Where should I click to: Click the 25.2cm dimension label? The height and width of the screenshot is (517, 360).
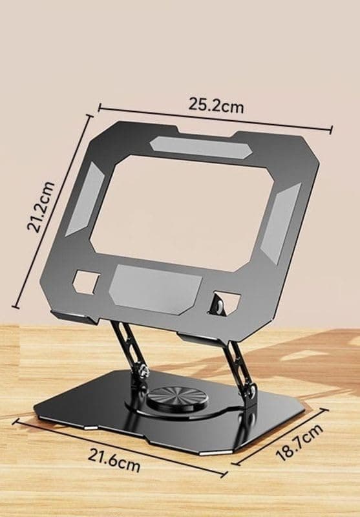[x=216, y=105]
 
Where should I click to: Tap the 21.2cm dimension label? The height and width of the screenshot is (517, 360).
[x=41, y=207]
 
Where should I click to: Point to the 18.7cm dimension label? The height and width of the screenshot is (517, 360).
[x=299, y=442]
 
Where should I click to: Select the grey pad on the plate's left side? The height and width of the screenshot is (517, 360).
[x=85, y=200]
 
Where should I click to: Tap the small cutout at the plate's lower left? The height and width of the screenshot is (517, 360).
[x=87, y=282]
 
